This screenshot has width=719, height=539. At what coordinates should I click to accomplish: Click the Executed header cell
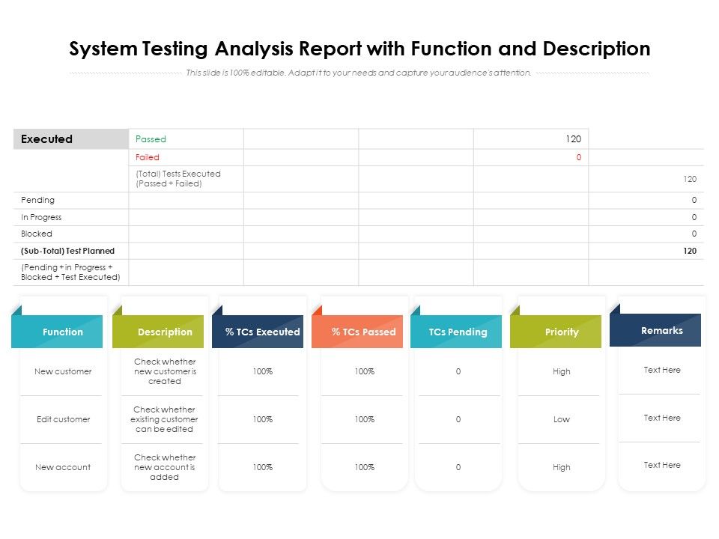click(x=47, y=139)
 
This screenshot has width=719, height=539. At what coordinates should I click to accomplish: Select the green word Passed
click(x=151, y=139)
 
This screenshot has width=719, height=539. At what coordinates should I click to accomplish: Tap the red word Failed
click(x=148, y=157)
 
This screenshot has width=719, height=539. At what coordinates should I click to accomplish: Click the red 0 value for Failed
click(x=578, y=157)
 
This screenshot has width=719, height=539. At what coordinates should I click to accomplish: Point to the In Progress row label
click(x=41, y=217)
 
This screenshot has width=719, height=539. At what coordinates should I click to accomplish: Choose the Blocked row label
click(x=37, y=234)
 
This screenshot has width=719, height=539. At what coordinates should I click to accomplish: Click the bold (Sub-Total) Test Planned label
click(x=68, y=251)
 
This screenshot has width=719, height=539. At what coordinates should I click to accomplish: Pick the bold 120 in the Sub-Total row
click(x=689, y=251)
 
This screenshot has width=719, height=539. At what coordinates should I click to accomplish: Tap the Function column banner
click(x=63, y=332)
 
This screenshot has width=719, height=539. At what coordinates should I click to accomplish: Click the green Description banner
click(x=165, y=332)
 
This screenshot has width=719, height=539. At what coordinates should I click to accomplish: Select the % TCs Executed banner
click(x=262, y=332)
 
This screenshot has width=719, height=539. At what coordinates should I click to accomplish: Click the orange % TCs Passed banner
click(x=364, y=332)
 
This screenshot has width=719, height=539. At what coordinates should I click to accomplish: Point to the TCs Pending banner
click(x=458, y=332)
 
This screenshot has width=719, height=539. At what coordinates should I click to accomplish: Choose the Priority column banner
click(x=562, y=332)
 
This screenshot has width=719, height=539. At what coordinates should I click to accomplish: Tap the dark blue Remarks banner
click(x=662, y=330)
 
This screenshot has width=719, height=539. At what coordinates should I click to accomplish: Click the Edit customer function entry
click(x=63, y=419)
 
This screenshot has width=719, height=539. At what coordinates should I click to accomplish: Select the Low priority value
click(x=562, y=419)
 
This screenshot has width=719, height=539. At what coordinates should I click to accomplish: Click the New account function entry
click(x=63, y=467)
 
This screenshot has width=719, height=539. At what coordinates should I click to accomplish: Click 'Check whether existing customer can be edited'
click(x=165, y=419)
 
